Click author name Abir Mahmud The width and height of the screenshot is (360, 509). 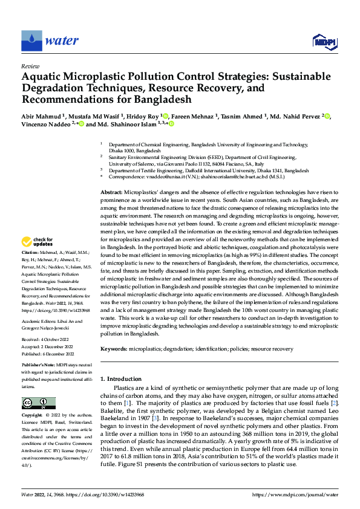click(42, 117)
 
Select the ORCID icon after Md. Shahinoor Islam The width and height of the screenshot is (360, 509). click(171, 125)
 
